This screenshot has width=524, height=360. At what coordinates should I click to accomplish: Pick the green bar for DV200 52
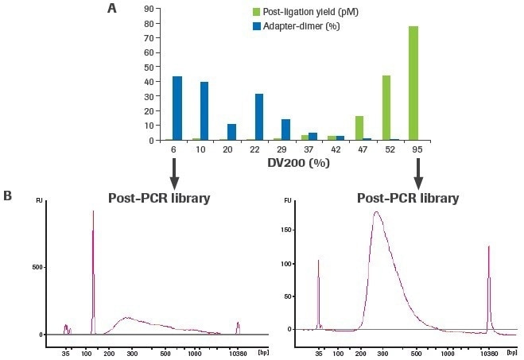386,107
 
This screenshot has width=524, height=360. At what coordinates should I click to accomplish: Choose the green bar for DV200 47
359,128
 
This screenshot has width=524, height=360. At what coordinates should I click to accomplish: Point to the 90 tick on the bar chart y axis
148,8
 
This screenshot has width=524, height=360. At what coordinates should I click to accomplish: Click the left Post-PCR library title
159,198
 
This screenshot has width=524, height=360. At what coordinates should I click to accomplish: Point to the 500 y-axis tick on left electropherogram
36,268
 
